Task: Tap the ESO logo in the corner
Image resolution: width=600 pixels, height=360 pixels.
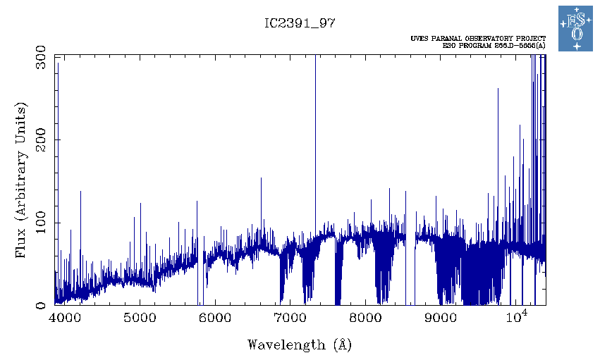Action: (x=577, y=29)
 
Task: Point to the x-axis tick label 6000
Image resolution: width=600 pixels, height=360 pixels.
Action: (x=215, y=318)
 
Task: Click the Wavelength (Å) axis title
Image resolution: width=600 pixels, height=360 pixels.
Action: (x=300, y=345)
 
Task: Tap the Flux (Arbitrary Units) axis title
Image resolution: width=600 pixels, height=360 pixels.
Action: (x=21, y=181)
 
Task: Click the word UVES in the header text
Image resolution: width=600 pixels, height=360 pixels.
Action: (x=418, y=38)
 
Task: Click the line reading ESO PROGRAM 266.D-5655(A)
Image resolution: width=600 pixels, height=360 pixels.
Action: (x=494, y=46)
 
